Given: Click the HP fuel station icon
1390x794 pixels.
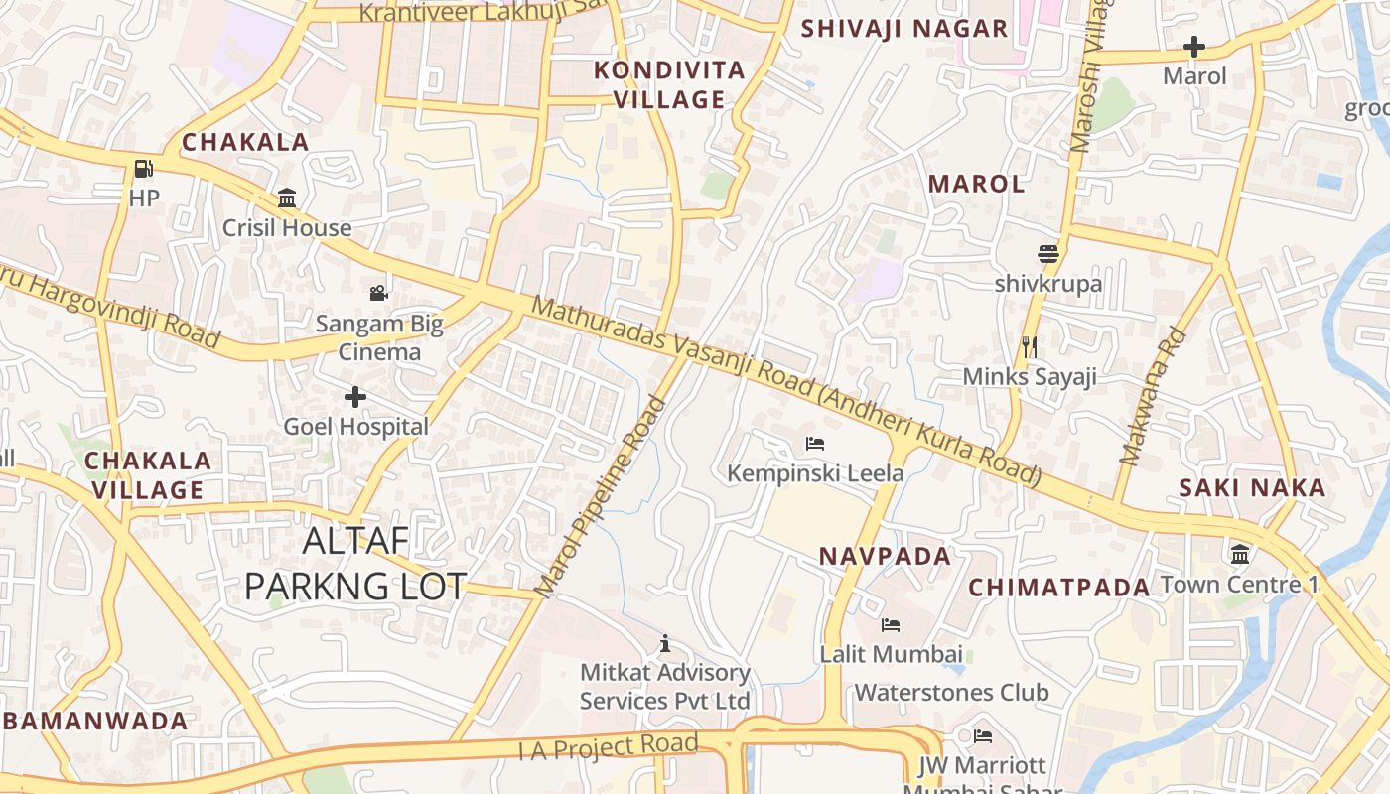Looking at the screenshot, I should [x=144, y=169].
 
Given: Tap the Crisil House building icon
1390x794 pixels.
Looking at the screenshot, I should [x=287, y=198].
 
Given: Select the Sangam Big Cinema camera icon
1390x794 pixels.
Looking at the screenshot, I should [x=378, y=293].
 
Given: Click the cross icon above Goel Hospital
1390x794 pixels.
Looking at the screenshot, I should [x=354, y=398].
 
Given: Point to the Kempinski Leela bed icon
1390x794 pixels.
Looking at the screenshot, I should [x=815, y=443].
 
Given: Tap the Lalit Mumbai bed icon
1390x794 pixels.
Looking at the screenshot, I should [x=891, y=624].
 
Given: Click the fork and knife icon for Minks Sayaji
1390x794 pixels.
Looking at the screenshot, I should [x=1030, y=346].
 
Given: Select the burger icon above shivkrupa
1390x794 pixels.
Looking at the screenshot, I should [x=1047, y=254].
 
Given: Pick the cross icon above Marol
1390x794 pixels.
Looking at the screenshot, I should [x=1194, y=47].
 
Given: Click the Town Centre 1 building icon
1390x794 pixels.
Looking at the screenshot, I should [x=1239, y=554].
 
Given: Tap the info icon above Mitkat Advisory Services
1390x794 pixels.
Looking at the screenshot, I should [x=665, y=643].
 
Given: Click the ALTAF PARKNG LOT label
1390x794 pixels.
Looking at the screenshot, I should [x=355, y=564].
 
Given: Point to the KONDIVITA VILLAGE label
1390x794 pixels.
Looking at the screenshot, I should [x=669, y=84].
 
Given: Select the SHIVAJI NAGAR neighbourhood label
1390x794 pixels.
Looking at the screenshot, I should [x=904, y=29].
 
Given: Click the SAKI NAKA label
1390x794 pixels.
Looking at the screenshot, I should [x=1252, y=487].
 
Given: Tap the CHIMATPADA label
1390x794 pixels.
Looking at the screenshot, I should [x=1058, y=587].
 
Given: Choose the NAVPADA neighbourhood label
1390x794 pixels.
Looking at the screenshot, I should [x=885, y=556].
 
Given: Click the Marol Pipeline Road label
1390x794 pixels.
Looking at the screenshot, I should [x=602, y=496].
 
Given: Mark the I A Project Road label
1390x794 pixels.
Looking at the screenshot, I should [x=609, y=746].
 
